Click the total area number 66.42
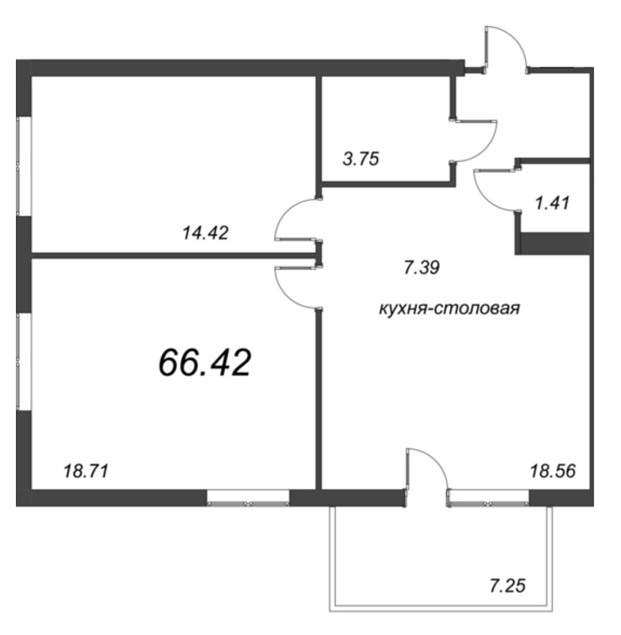tap(205, 363)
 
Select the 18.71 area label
tap(85, 471)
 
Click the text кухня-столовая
tap(449, 309)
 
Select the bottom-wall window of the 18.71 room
tap(248, 498)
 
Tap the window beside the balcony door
tap(488, 498)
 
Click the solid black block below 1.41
tap(553, 243)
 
